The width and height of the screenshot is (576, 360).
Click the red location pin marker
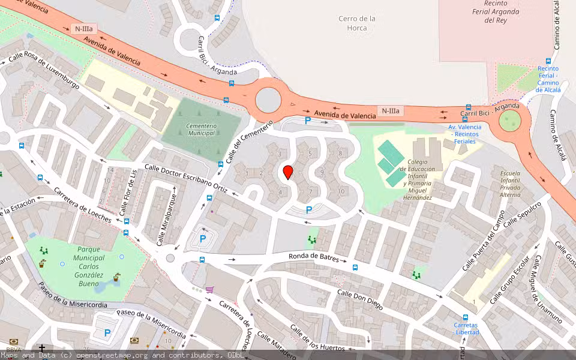[x=288, y=172]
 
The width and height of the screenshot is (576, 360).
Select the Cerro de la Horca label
[x=357, y=23]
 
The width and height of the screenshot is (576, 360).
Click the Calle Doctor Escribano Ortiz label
[x=185, y=179]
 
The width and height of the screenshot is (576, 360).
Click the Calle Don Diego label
[x=359, y=300]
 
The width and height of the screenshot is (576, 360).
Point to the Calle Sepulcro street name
[x=522, y=214]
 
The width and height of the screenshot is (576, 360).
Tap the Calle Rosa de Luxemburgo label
[x=43, y=72]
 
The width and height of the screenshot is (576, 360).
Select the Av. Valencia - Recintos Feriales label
[x=465, y=134]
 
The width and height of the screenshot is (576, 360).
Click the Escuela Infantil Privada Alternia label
[x=510, y=184]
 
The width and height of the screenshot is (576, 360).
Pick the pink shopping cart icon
[x=209, y=289]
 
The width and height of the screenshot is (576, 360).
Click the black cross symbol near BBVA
[x=42, y=347]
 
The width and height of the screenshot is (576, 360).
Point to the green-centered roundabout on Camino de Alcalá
[x=510, y=121]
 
